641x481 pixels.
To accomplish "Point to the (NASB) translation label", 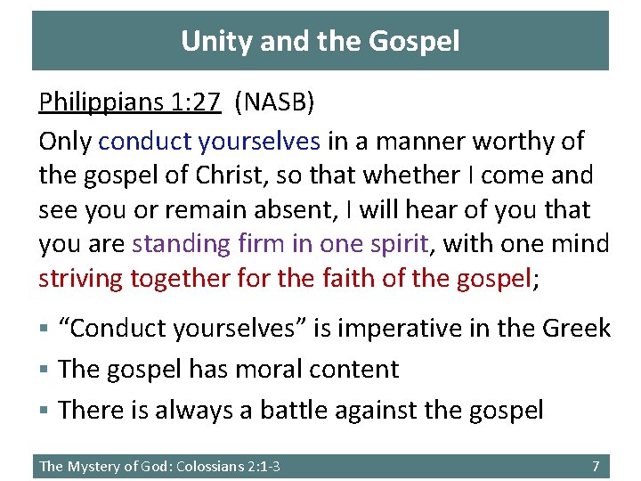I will pyautogui.click(x=274, y=103).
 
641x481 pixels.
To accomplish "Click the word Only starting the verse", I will pyautogui.click(x=65, y=141).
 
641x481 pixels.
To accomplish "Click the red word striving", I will pyautogui.click(x=81, y=280).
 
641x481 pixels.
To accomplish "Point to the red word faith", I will pyautogui.click(x=348, y=280).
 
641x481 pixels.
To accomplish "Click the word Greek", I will pyautogui.click(x=577, y=329).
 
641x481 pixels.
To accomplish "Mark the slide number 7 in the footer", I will pyautogui.click(x=596, y=466).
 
